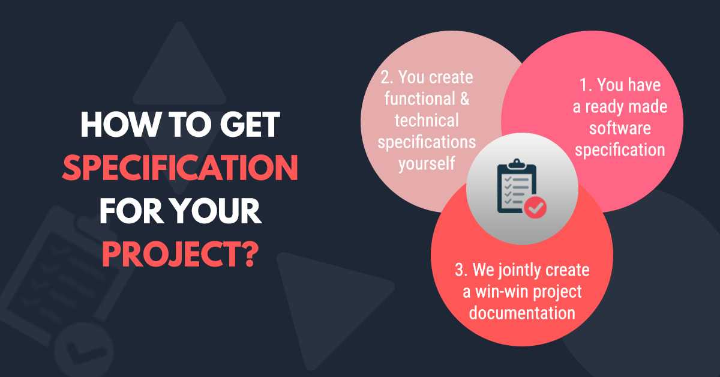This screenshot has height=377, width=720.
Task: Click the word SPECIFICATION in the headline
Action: [180, 169]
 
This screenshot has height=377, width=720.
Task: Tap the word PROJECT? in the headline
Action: [180, 255]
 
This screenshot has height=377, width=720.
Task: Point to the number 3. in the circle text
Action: [461, 271]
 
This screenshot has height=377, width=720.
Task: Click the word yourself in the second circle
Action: [426, 163]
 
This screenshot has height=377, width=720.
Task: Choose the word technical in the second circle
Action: [427, 120]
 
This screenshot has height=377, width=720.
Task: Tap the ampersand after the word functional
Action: [463, 98]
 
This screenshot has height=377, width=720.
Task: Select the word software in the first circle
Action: [620, 128]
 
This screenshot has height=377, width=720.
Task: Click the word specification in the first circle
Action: [620, 149]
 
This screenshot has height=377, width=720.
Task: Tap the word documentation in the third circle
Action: [522, 313]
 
